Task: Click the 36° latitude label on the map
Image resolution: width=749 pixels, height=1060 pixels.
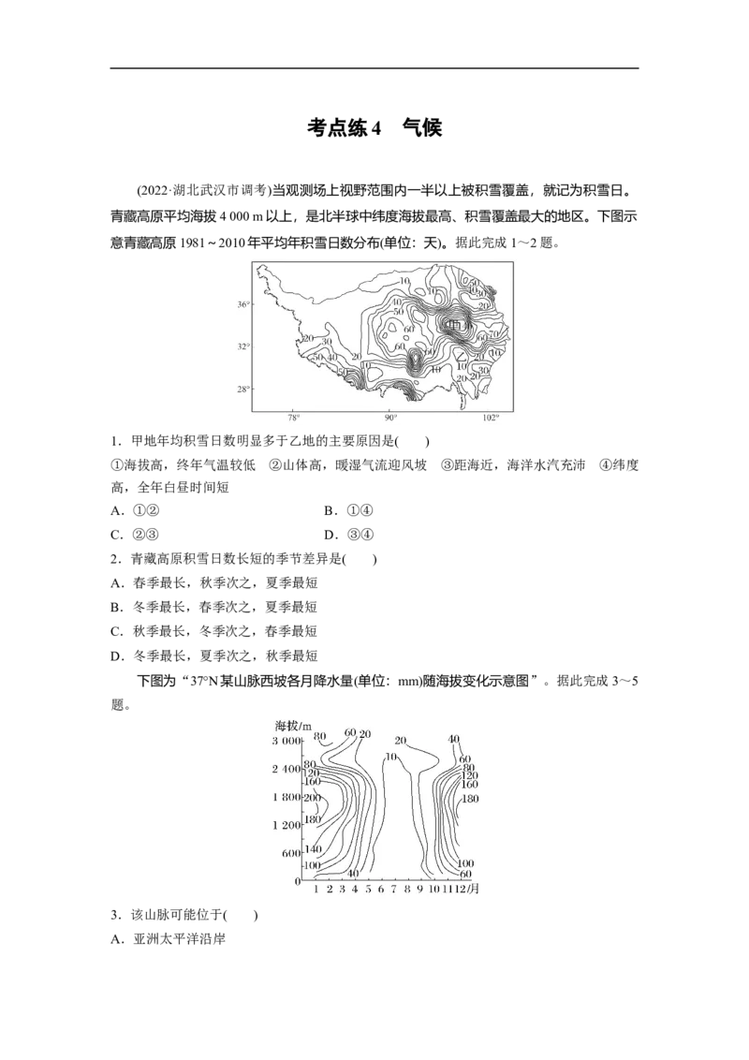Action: coord(243,305)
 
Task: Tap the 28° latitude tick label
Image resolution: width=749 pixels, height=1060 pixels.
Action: coord(243,389)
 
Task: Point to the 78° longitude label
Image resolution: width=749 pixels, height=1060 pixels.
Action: coord(293,419)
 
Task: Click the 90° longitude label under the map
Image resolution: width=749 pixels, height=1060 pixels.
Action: coord(392,419)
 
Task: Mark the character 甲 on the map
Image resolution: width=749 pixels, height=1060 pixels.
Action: coord(454,324)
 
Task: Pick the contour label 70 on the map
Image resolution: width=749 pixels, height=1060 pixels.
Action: coord(493,334)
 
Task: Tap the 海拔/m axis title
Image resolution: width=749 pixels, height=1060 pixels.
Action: coord(292,726)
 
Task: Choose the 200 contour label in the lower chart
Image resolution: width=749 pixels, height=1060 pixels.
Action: coord(312,798)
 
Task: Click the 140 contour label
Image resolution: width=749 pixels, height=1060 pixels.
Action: coord(313,849)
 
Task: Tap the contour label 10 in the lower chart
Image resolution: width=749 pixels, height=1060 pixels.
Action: coord(391,757)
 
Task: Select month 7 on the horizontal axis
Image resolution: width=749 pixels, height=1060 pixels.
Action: coord(394,889)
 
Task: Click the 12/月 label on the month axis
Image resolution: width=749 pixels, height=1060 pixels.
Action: coord(468,889)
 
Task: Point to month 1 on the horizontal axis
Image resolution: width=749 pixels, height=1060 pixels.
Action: coord(316,889)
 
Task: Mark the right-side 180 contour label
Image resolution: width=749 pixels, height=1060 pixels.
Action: coord(471,799)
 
